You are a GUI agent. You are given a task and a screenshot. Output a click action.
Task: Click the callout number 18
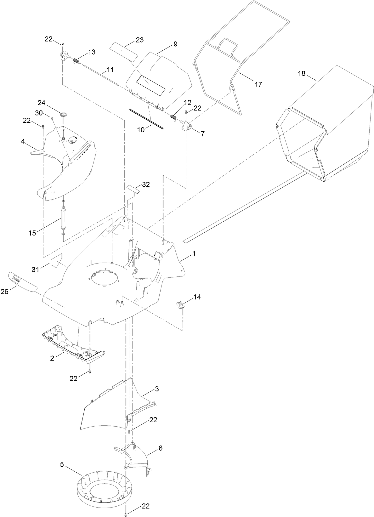(302, 73)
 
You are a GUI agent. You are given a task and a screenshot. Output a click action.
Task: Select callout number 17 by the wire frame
(258, 84)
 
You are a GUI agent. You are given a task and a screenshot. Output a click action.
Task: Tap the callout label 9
(175, 44)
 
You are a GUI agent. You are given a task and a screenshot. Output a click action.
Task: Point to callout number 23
(139, 40)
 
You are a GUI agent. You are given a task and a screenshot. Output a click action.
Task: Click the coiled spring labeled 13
(76, 60)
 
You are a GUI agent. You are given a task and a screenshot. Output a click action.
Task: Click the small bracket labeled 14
(179, 304)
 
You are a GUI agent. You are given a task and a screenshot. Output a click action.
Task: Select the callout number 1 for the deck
(194, 253)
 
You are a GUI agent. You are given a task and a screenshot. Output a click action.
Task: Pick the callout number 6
(160, 448)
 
